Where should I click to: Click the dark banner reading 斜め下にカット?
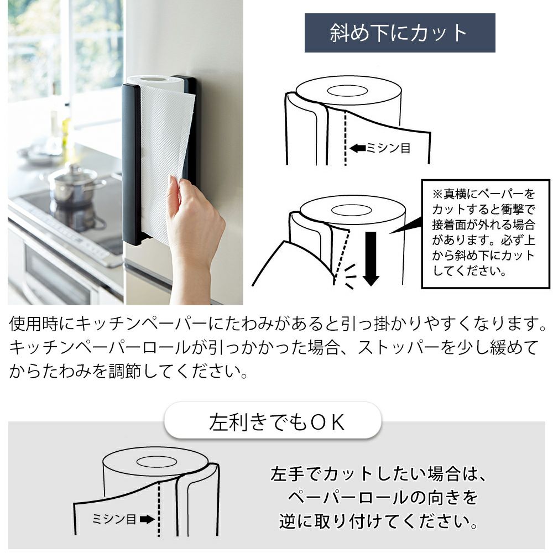click(x=400, y=33)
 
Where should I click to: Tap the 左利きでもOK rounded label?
click(x=273, y=420)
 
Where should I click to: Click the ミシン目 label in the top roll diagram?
click(x=388, y=148)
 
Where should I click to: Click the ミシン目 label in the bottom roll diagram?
click(x=114, y=519)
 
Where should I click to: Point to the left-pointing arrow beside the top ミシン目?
click(x=358, y=148)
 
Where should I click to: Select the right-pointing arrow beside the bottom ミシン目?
click(x=147, y=519)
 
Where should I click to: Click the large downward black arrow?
click(x=371, y=258)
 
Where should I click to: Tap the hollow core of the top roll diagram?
click(x=347, y=91)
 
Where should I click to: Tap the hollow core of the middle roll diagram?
click(x=352, y=210)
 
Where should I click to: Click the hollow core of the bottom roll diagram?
click(x=156, y=462)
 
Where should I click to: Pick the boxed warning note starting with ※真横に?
click(x=486, y=233)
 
